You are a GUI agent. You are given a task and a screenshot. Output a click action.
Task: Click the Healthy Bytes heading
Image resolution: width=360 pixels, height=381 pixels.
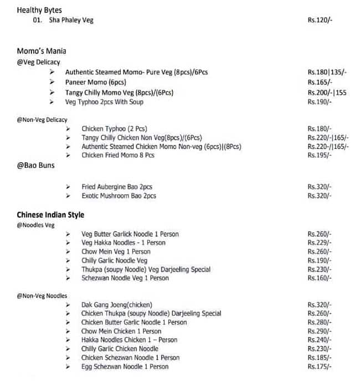tap(39, 10)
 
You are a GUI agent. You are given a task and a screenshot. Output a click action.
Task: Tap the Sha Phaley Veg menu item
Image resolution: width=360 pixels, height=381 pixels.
tap(71, 20)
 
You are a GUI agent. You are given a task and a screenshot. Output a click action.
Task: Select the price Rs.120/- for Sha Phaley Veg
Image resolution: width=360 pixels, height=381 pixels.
tap(320, 20)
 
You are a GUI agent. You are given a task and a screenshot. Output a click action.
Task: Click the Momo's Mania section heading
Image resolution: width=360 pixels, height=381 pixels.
tap(42, 52)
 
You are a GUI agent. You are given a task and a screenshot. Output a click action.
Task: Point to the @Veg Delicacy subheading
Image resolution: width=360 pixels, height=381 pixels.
tap(38, 62)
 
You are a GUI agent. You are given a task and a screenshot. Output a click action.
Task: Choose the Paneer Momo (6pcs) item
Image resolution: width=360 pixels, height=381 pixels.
tap(95, 82)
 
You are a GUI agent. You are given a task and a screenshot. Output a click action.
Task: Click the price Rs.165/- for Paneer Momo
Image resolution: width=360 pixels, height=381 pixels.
tap(320, 82)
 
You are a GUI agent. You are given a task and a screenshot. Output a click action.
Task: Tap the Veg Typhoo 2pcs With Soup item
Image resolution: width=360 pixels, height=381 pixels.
tap(104, 102)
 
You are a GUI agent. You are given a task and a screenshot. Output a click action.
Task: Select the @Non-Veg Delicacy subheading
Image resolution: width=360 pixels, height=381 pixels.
tap(42, 120)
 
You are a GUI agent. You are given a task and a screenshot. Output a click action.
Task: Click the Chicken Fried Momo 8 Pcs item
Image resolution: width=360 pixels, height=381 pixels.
tap(117, 156)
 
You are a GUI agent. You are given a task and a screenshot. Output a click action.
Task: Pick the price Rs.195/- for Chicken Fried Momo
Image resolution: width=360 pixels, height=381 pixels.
tap(320, 156)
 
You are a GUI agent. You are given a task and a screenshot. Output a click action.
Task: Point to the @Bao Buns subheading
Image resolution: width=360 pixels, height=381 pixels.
tap(35, 166)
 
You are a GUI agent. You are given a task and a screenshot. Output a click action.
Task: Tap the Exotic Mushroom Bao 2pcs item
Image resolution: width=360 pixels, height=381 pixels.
tap(119, 196)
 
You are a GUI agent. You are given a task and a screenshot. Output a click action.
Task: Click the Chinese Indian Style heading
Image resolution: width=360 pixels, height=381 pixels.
tap(50, 215)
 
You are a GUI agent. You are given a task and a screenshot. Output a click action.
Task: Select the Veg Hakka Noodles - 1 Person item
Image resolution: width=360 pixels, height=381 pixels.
tap(123, 243)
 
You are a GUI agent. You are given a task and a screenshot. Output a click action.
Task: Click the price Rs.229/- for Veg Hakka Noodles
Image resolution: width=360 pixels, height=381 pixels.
tap(320, 243)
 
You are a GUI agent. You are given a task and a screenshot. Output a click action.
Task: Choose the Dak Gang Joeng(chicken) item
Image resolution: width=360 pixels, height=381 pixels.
tap(116, 305)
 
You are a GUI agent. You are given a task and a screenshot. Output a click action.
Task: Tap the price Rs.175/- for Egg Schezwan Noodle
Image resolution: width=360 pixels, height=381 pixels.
tap(320, 367)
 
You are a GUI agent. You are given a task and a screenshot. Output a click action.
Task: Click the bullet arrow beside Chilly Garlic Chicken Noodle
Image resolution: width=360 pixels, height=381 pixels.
tap(68, 349)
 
